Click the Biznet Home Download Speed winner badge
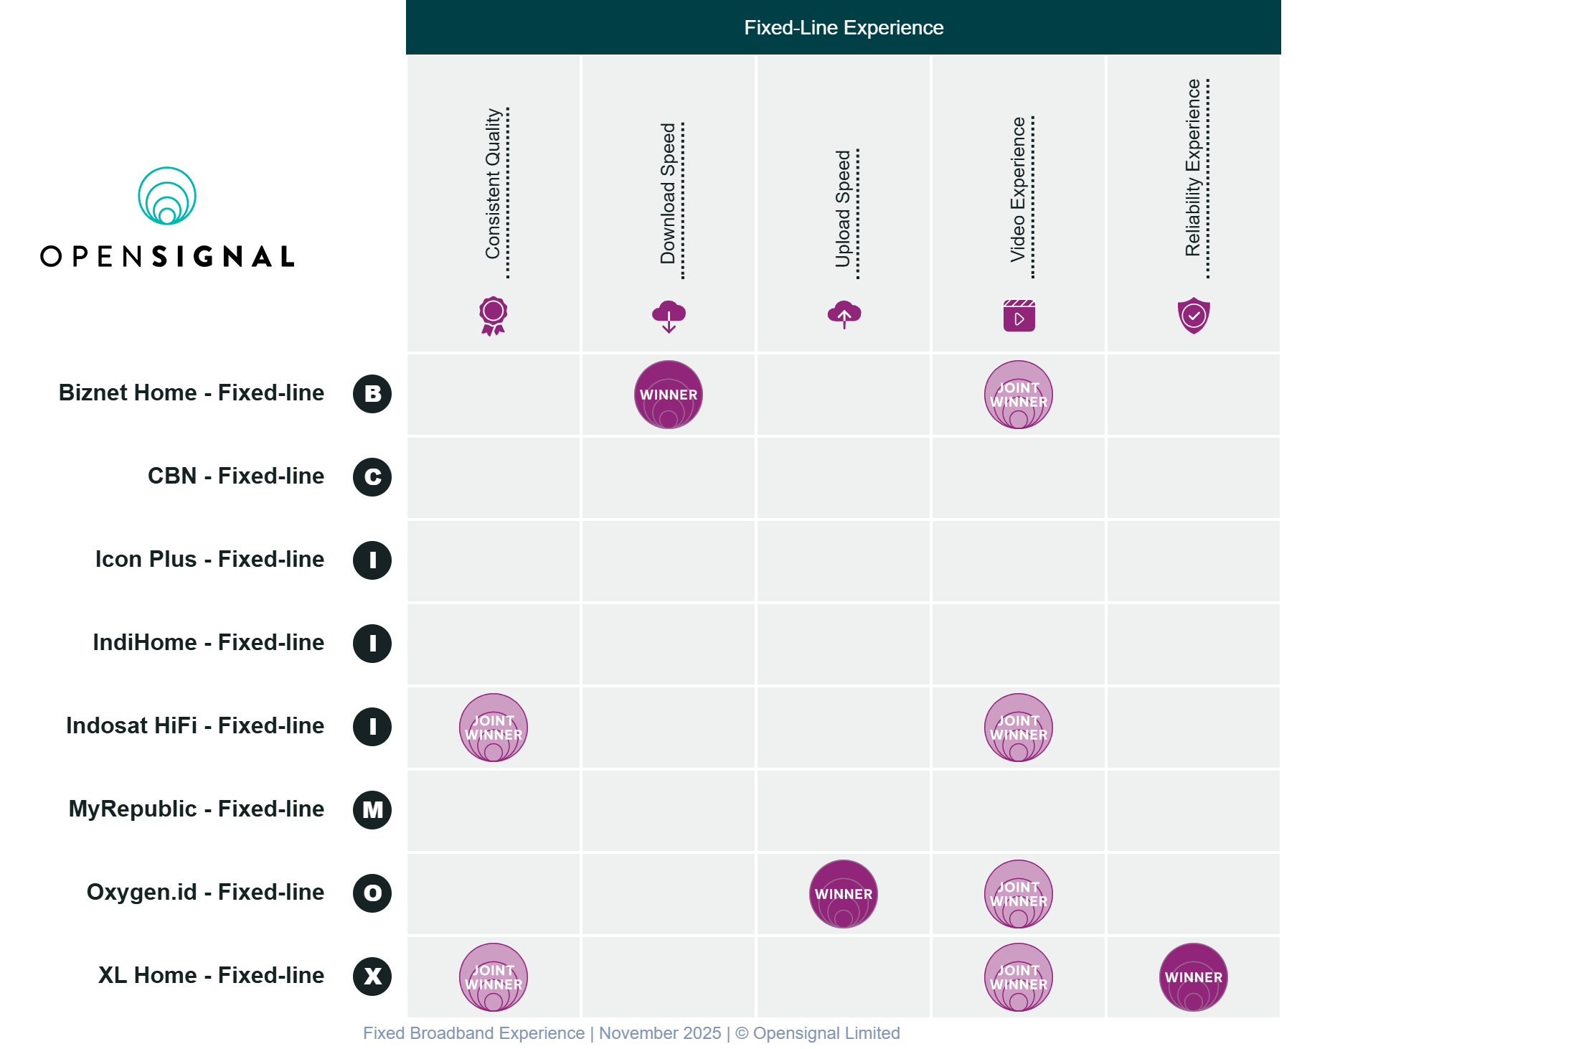tap(668, 395)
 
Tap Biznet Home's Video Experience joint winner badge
tap(1018, 395)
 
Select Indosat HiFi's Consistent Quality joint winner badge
tap(494, 728)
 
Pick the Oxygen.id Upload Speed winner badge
tap(843, 894)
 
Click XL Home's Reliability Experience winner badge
tap(1193, 977)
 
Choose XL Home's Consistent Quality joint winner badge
tap(494, 977)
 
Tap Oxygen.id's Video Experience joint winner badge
tap(1018, 894)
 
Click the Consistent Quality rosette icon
tap(494, 316)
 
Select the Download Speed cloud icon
tap(669, 316)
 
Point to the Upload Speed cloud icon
tap(844, 315)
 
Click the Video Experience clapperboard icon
tap(1019, 316)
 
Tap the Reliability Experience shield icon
tap(1194, 316)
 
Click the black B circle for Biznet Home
tap(372, 394)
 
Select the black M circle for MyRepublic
tap(372, 810)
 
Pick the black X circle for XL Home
tap(372, 977)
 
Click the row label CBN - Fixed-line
tap(235, 476)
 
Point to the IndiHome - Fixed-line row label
tap(208, 642)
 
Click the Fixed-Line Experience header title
tap(844, 27)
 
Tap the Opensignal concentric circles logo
tap(167, 196)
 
